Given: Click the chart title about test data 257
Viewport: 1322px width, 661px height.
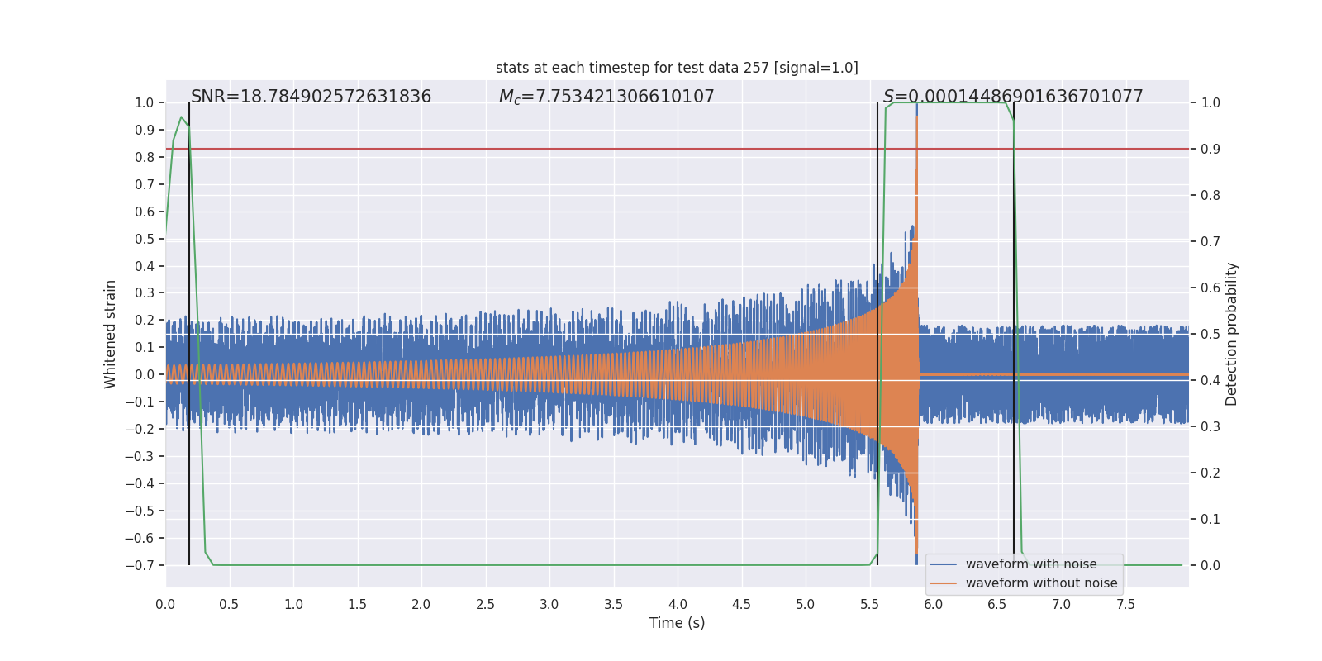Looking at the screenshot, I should tap(677, 68).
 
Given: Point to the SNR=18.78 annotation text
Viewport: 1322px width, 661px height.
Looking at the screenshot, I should tap(311, 97).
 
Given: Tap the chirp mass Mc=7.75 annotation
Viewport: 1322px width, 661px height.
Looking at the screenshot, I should tap(606, 97).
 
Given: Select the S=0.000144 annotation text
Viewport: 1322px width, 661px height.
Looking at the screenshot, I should tap(1013, 97).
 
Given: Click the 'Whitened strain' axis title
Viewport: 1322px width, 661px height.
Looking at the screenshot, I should tap(110, 334).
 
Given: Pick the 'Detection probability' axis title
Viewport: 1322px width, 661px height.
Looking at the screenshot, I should tap(1232, 334).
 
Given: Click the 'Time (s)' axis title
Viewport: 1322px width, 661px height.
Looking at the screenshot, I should tap(677, 623).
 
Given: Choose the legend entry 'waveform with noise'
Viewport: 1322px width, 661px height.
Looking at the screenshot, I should tap(1030, 564).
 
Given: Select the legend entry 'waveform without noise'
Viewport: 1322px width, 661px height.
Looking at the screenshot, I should tap(1041, 583).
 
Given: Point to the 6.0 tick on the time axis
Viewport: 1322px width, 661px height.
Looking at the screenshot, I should tap(933, 604).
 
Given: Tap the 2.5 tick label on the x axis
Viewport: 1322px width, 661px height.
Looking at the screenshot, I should tap(485, 604).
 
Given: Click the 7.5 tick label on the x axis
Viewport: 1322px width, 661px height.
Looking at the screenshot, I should tap(1125, 604).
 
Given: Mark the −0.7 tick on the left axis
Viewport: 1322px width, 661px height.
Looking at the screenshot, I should tap(144, 565).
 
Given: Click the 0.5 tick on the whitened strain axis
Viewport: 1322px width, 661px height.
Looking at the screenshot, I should tap(145, 239).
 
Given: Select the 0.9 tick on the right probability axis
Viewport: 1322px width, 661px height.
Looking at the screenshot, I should tap(1210, 149).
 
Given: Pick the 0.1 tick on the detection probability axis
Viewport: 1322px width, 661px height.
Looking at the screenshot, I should tap(1210, 519).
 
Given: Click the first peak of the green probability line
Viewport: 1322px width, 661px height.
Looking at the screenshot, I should tap(181, 117).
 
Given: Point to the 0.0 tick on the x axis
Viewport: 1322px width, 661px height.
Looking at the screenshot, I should tap(165, 604).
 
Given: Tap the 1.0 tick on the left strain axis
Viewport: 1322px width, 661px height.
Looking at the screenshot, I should tap(145, 102).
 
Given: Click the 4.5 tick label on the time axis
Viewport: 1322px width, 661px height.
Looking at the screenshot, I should tap(741, 604).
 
